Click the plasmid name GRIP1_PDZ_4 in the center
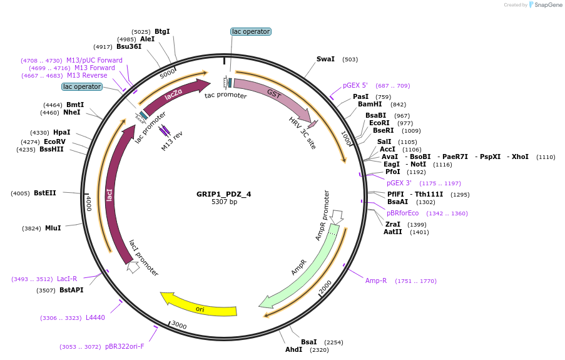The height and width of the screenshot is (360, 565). (223, 194)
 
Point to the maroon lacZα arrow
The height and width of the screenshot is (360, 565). (175, 96)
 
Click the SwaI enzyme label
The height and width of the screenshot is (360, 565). (325, 59)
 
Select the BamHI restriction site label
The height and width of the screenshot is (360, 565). (369, 105)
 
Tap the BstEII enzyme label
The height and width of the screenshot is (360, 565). (45, 193)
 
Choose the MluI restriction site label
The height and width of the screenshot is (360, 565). (53, 229)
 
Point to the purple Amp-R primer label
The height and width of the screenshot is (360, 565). (376, 281)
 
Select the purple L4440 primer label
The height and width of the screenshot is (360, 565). (95, 318)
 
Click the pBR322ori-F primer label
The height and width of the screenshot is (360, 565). (125, 347)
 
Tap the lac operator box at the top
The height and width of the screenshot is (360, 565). (250, 31)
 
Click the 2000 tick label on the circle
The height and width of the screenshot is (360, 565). (325, 287)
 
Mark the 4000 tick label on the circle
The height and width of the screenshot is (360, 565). (89, 202)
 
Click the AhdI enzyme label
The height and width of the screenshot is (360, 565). (293, 349)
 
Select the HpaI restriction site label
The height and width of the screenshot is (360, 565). (62, 133)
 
